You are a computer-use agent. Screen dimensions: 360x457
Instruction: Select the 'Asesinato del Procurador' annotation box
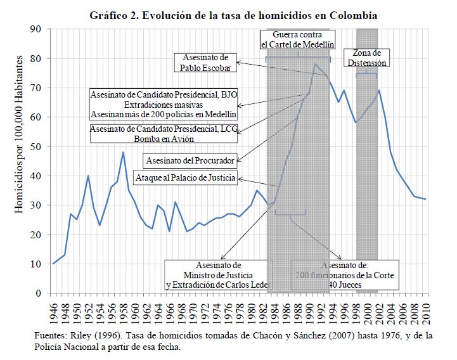190,158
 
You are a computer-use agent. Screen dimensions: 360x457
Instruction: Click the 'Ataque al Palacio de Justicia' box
185,178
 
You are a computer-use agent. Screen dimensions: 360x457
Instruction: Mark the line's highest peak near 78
315,64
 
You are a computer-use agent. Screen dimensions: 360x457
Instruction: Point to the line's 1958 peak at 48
123,152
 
